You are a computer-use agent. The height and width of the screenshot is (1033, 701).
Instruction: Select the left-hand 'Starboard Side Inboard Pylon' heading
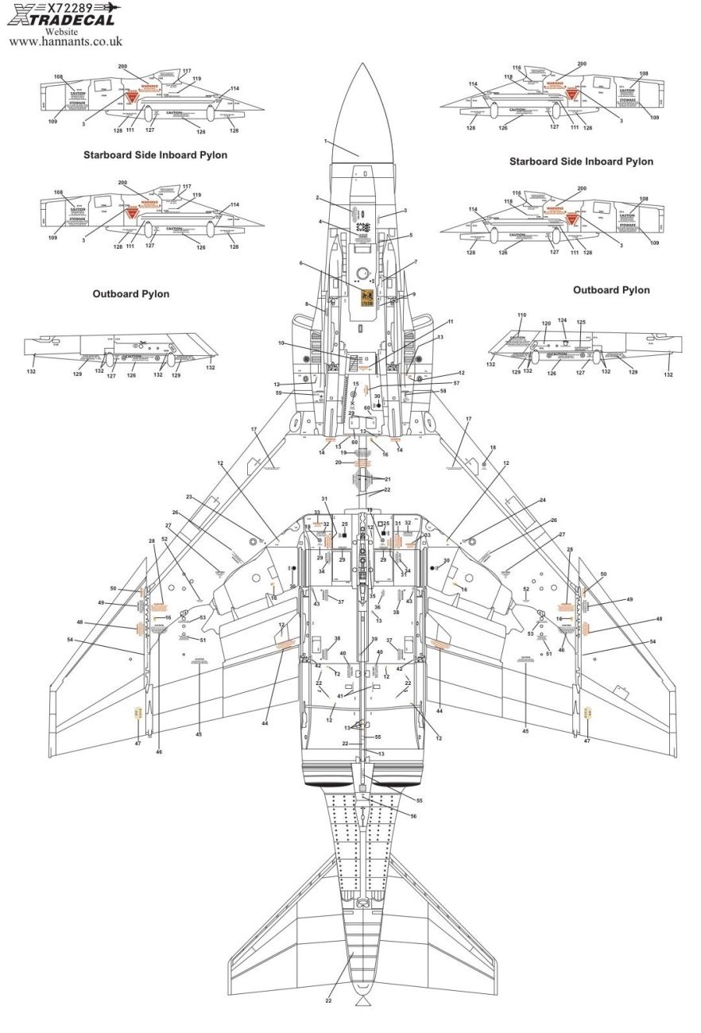[155, 155]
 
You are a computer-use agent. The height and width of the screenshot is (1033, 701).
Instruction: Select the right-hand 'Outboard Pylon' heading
[610, 290]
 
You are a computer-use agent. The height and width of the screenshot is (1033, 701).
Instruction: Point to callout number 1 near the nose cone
[326, 141]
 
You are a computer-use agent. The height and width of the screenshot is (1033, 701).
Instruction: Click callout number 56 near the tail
[413, 815]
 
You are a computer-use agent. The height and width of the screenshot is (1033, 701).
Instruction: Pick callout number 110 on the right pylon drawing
[521, 316]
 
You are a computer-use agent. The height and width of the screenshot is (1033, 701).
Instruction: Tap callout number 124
[561, 321]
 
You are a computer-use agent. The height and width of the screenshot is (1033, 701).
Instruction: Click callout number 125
[581, 323]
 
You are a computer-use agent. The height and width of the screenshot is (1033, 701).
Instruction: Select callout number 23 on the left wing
[190, 497]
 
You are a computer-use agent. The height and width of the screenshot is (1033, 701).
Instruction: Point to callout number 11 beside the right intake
[450, 322]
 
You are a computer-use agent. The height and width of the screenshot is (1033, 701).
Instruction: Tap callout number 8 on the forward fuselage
[306, 304]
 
